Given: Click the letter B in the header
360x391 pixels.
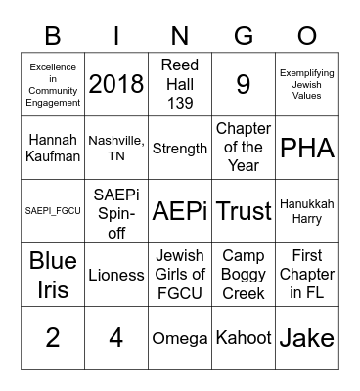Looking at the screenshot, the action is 53,37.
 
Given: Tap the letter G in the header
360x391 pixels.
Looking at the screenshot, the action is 244,37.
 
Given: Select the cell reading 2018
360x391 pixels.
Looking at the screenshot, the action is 116,84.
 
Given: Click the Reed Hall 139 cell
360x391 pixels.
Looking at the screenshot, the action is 180,84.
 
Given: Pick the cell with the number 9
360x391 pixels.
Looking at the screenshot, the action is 244,84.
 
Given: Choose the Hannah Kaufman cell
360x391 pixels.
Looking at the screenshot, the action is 53,148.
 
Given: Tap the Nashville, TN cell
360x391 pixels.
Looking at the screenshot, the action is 116,148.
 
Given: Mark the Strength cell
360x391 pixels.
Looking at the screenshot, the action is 180,148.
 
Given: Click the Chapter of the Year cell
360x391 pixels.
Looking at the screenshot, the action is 244,148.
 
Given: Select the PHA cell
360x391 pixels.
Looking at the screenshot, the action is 307,148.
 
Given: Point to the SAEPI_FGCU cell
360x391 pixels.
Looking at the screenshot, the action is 53,211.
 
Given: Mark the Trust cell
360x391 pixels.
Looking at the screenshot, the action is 244,211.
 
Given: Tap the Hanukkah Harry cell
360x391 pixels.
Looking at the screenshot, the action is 307,211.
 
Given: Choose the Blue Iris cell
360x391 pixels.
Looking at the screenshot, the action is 53,275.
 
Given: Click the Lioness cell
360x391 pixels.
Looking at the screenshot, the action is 116,275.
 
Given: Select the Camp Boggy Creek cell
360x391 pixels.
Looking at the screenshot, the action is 244,275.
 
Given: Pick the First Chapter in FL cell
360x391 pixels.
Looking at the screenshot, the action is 307,275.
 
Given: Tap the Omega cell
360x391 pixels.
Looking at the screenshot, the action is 180,338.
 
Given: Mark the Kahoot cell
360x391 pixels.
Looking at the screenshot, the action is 244,338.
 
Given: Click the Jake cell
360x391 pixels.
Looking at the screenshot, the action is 307,338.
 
